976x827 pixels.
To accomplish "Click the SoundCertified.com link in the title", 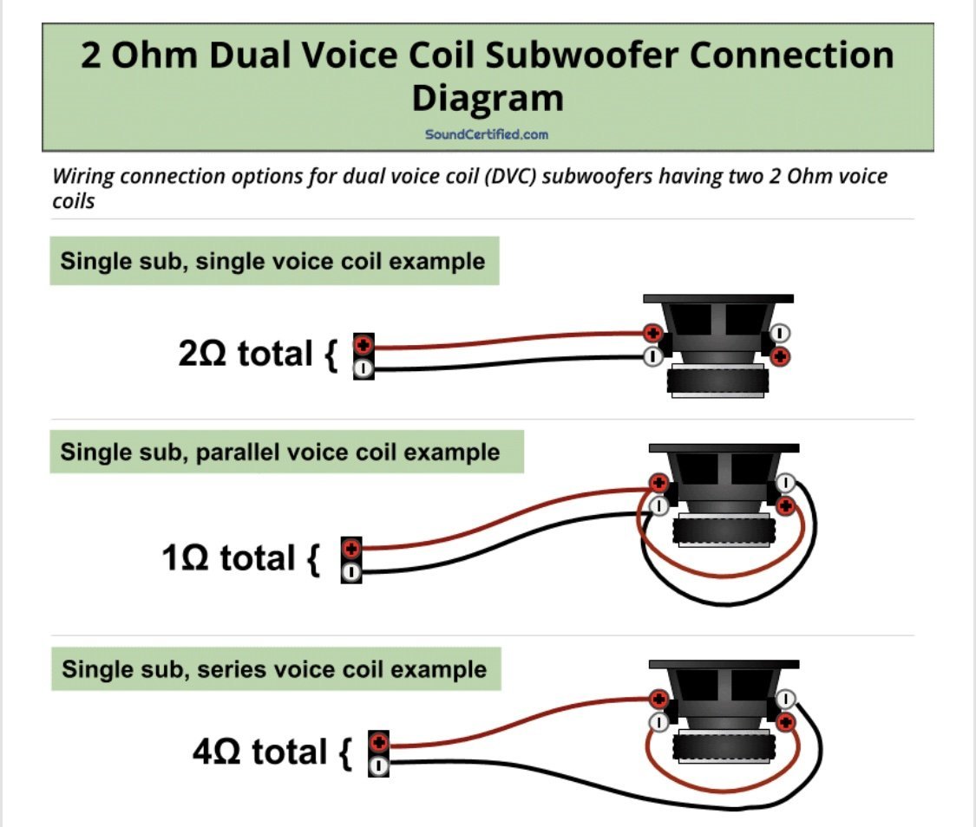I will [x=487, y=134].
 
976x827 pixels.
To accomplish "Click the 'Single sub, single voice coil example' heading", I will [x=273, y=261].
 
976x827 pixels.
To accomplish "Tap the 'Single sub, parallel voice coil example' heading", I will [x=280, y=452].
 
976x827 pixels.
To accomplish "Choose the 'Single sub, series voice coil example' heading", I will [x=274, y=670].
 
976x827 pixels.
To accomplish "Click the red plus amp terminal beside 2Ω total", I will [x=364, y=345].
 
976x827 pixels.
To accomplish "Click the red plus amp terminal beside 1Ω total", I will [x=351, y=549].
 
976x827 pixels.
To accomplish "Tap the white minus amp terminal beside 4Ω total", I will [x=378, y=766].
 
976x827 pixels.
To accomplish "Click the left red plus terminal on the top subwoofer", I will [x=652, y=333].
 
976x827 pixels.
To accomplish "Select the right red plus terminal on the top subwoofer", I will [x=780, y=355].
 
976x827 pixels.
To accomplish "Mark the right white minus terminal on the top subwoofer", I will [x=780, y=332].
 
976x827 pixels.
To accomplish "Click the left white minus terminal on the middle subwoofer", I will [x=658, y=505].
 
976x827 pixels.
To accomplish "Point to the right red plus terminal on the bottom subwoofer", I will [x=786, y=721].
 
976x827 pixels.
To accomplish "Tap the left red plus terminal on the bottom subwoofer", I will [x=658, y=698].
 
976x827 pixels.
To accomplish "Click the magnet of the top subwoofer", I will [x=717, y=380].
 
